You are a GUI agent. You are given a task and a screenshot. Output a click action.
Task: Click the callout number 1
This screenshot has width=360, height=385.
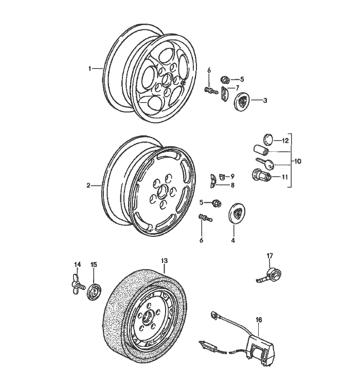point(89,67)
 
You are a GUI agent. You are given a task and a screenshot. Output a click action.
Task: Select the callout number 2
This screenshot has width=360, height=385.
point(88,185)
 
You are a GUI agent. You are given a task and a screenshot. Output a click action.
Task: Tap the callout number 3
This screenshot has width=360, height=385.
point(265,101)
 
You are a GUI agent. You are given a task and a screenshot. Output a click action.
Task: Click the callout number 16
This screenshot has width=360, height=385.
point(259,320)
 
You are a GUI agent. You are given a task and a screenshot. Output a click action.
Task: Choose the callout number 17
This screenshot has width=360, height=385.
point(269,256)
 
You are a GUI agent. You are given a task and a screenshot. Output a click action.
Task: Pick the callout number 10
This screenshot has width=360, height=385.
point(297,161)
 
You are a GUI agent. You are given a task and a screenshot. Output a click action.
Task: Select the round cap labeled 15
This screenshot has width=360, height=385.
point(94,289)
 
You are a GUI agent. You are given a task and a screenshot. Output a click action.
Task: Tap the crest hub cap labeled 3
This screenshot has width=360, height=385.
point(241,101)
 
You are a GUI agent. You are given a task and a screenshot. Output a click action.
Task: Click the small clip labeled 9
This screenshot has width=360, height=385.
point(223,176)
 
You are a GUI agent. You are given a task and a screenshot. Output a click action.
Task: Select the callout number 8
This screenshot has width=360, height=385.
point(232,185)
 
